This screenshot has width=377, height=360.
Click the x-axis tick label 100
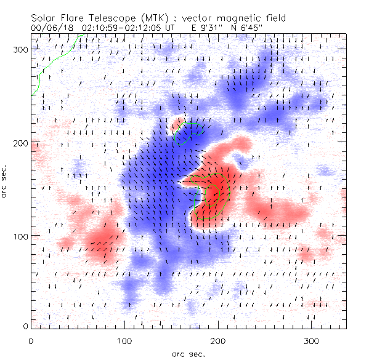pos(124,340)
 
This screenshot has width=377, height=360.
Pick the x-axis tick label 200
pos(218,340)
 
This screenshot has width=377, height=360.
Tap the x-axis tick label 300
pos(312,340)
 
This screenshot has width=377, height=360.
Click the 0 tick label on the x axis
pos(31,340)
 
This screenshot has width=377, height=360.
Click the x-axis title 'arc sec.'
pos(188,353)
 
